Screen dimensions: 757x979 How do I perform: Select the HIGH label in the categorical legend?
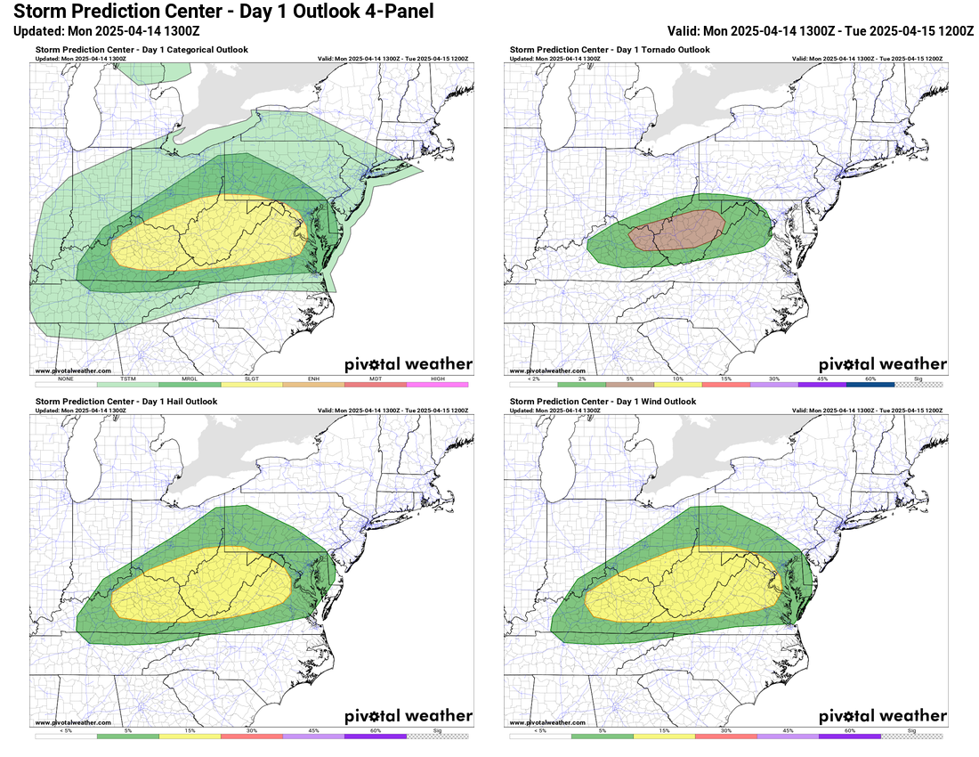437,378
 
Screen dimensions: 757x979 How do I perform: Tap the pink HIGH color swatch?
437,384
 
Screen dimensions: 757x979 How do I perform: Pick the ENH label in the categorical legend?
313,378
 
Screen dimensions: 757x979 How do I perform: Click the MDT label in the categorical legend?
376,378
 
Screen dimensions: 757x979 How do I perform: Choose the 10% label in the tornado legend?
679,378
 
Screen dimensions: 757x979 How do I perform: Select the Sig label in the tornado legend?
918,378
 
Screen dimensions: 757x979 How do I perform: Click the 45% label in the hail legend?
313,730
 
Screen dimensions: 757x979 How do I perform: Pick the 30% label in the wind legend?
726,730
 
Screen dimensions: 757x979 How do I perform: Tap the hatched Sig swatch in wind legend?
912,736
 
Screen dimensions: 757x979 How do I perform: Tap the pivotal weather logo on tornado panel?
882,364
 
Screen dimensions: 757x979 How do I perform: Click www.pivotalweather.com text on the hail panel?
74,722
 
